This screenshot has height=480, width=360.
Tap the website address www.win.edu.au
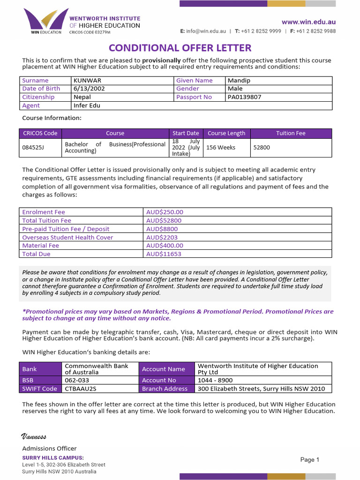pos(308,22)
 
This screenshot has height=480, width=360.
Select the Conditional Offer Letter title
pos(180,48)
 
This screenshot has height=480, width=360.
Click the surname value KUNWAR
pos(88,81)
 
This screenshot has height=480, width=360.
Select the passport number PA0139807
pos(244,97)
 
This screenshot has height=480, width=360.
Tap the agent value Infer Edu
pos(87,105)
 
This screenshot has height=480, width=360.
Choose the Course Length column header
pos(226,133)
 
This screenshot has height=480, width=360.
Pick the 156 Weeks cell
pos(221,147)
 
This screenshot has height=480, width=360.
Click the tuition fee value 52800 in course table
pos(262,147)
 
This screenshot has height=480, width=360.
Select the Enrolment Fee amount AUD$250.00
pos(165,212)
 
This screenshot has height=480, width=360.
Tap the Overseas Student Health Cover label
pos(67,237)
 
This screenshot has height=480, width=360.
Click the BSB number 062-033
pos(75,380)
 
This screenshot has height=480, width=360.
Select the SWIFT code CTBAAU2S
pos(81,389)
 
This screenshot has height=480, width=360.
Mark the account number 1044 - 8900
pos(215,380)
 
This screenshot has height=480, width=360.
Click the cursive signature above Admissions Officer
pos(34,437)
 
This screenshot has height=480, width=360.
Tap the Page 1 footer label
pos(310,460)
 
